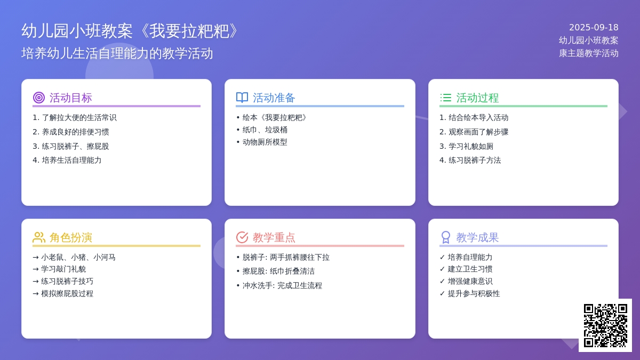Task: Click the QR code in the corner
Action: pos(605,325)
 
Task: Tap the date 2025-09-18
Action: pos(594,27)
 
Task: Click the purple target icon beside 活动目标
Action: pos(39,98)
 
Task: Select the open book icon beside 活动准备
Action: pos(242,98)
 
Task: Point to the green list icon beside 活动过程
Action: pos(445,98)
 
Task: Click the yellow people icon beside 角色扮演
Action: pos(39,237)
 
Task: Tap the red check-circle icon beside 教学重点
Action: pos(242,237)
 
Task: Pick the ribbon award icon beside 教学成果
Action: pos(445,237)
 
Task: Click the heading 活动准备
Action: pos(274,98)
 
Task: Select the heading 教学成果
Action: pos(477,237)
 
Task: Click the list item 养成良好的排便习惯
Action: pos(75,132)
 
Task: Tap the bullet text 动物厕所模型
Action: pos(265,142)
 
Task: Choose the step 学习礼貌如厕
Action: pos(471,146)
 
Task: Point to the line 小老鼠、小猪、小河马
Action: pos(78,258)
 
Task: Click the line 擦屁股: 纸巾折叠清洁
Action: pos(278,271)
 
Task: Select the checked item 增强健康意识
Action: pos(470,282)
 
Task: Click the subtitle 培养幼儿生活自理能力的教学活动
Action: pos(117,53)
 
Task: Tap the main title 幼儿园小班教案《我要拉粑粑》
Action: pos(131,31)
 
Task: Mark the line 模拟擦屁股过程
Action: pos(67,294)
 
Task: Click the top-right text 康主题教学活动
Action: pos(589,53)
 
